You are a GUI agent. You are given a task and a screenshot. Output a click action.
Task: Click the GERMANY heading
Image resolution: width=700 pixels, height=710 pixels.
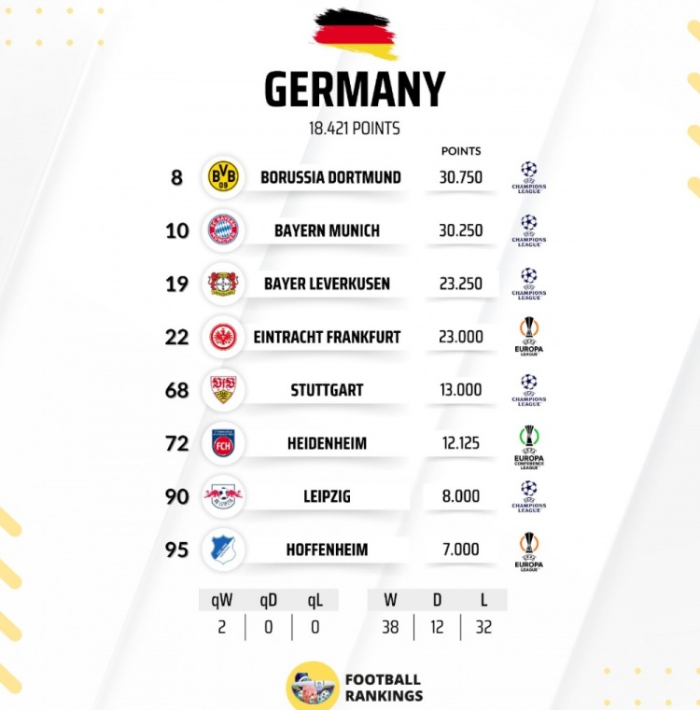[354, 90]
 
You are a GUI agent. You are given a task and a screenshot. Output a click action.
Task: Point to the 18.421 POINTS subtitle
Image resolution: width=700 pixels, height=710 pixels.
[354, 128]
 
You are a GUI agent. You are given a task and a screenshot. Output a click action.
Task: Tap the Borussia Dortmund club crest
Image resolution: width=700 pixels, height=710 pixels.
[223, 176]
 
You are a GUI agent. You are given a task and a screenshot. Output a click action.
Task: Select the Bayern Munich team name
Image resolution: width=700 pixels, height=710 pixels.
[327, 230]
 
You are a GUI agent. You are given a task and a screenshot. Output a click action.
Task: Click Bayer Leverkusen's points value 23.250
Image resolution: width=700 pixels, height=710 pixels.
[461, 284]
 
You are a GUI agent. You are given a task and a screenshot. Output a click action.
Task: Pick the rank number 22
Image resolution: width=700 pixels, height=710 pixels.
[177, 337]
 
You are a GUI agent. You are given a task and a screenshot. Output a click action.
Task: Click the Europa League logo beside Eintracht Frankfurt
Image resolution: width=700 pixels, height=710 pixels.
[529, 337]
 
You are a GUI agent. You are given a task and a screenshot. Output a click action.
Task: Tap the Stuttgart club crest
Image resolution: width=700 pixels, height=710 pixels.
[223, 390]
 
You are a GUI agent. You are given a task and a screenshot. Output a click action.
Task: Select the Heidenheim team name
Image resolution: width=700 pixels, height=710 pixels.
[327, 443]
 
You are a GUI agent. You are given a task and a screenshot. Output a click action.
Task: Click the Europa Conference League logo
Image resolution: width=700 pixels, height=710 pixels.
[529, 444]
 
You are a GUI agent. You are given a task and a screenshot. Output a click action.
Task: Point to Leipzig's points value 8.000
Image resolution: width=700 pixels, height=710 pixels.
[461, 496]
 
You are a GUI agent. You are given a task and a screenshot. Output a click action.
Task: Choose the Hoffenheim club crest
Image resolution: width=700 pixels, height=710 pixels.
[223, 550]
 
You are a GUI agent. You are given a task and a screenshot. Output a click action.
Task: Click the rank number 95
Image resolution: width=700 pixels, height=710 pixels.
[177, 550]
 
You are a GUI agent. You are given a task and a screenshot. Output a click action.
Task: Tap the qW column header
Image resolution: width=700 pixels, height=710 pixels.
[222, 601]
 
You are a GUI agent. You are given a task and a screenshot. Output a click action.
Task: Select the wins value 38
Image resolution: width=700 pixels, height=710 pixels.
[390, 627]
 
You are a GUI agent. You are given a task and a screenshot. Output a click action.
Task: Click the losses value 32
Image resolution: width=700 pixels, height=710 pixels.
[483, 627]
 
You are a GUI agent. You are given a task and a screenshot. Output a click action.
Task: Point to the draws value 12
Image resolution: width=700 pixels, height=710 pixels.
[437, 627]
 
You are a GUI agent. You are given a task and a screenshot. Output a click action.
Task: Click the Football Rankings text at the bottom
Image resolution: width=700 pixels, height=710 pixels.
[384, 688]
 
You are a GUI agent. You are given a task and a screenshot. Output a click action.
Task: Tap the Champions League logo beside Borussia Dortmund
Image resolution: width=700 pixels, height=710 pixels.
[529, 177]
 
